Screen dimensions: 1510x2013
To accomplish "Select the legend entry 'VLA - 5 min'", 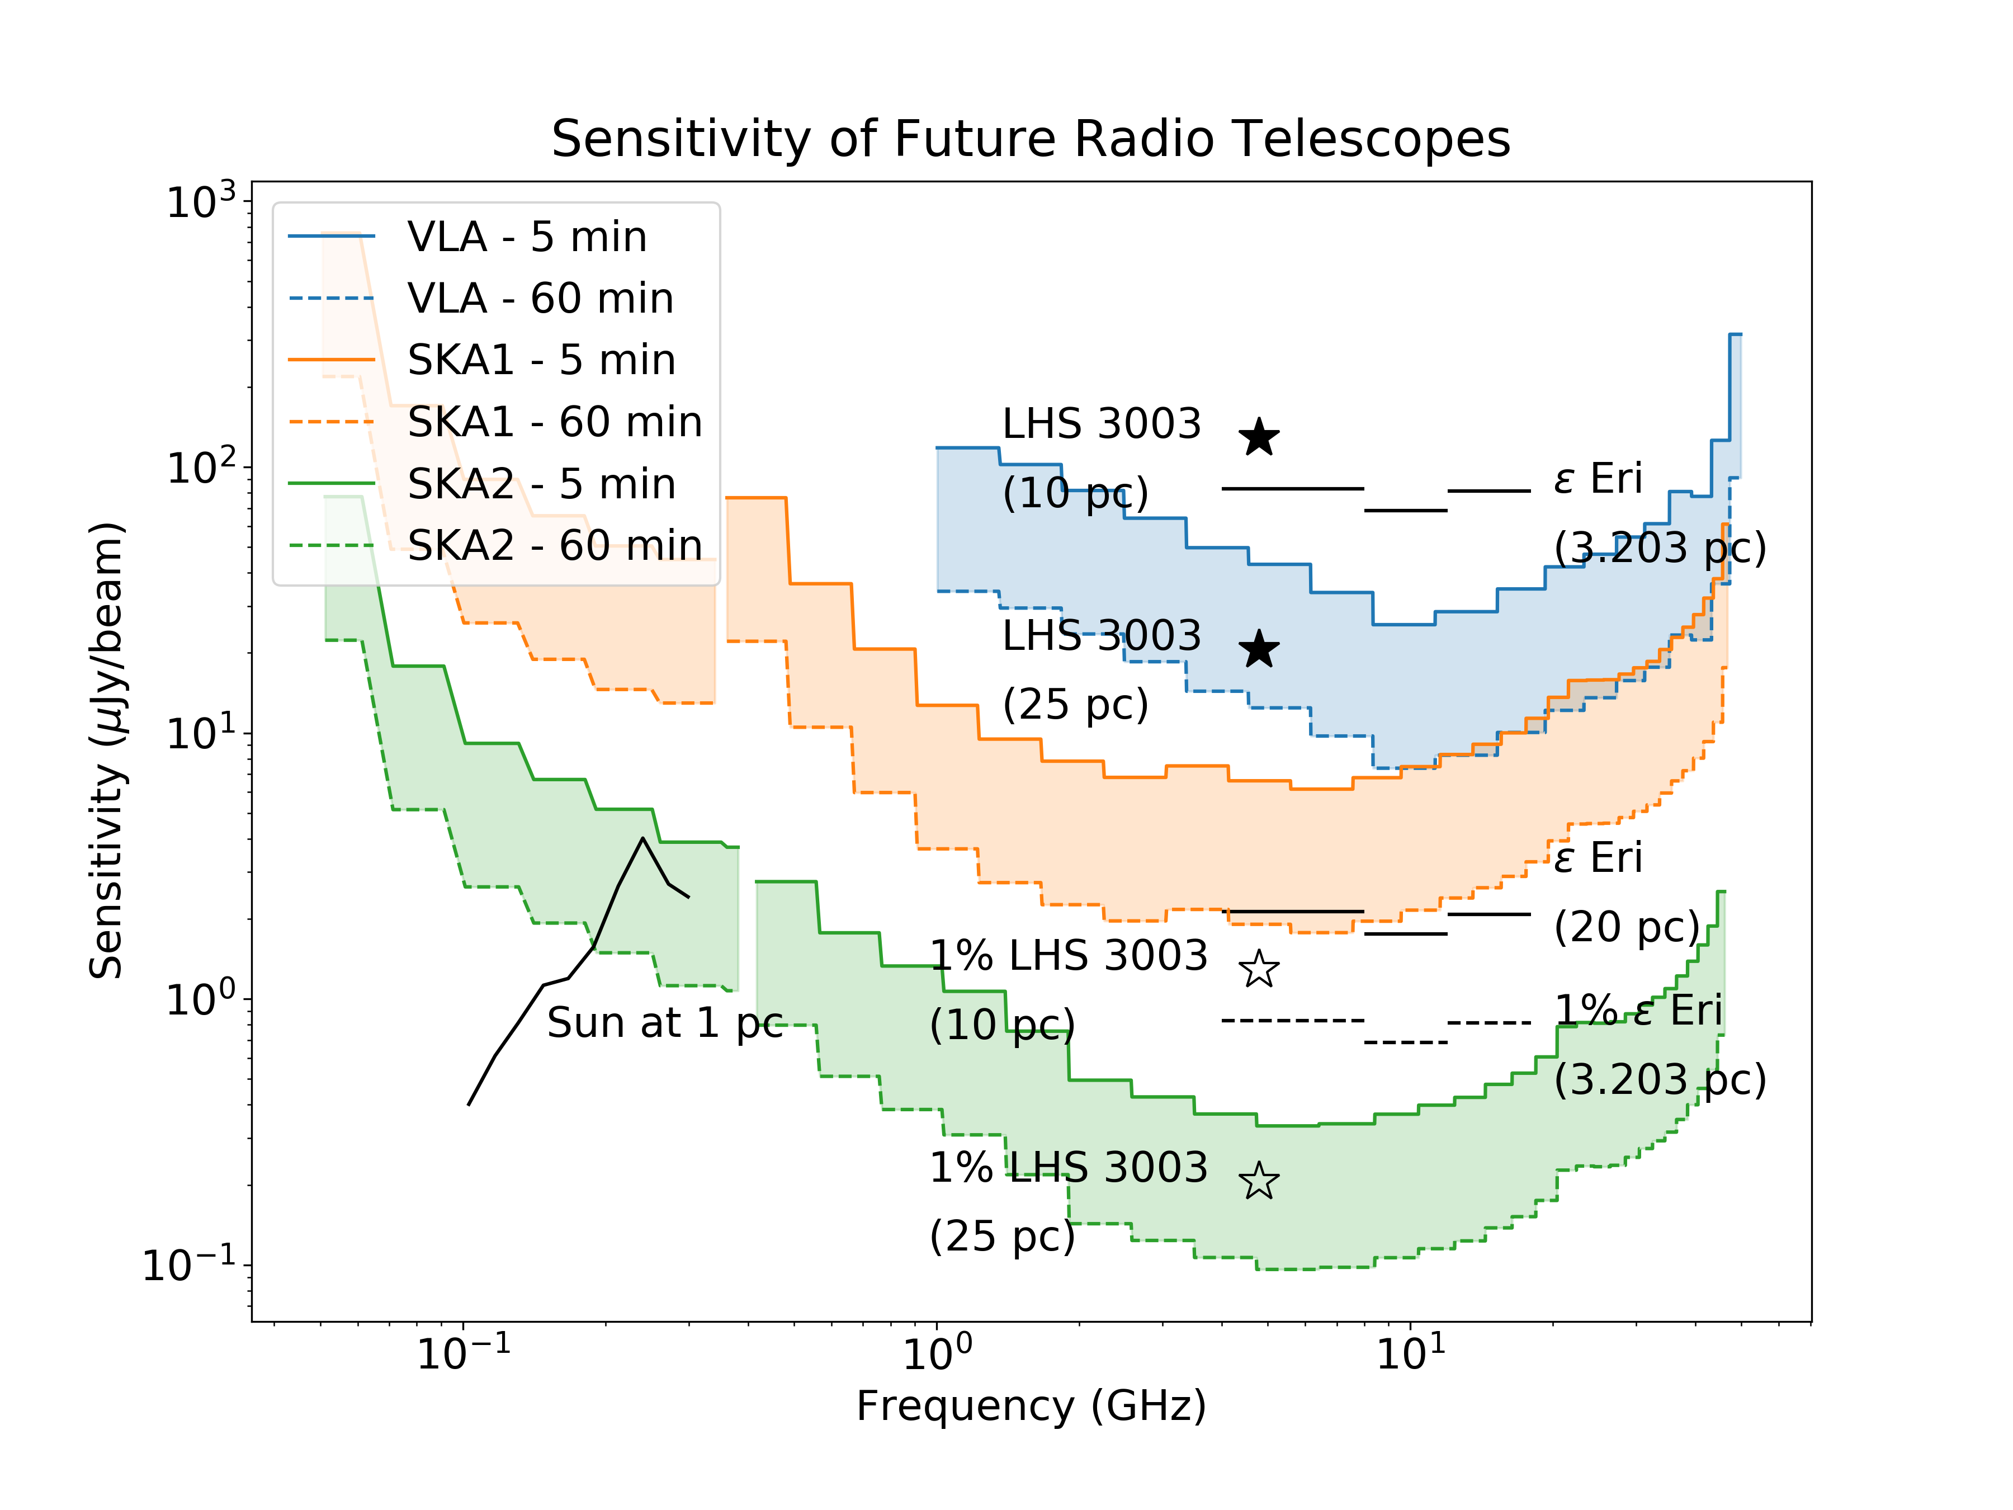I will pos(526,237).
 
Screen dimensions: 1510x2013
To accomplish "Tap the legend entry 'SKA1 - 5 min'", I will pos(541,360).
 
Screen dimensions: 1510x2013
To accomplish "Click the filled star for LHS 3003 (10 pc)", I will pos(1259,438).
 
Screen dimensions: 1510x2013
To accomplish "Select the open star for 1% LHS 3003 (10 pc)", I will pos(1259,969).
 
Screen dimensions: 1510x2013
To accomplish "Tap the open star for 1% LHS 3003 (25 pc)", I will pos(1259,1181).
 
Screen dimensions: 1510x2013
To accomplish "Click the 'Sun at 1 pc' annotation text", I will pos(664,1023).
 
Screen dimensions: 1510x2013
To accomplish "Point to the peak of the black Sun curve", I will pos(644,838).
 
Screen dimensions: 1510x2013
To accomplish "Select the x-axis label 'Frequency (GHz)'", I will pos(1031,1406).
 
